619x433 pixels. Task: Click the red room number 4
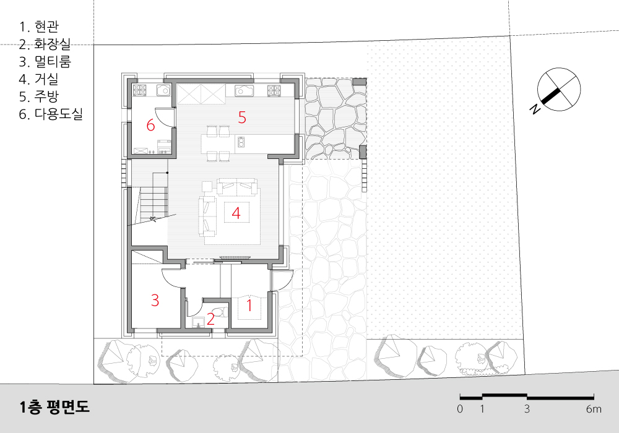click(236, 213)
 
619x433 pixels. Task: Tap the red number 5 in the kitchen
click(242, 118)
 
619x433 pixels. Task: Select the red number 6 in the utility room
click(150, 126)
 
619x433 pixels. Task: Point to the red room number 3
click(155, 301)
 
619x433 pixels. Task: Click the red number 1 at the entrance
click(249, 305)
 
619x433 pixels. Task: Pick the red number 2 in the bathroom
click(210, 319)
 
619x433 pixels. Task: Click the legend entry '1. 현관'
click(39, 27)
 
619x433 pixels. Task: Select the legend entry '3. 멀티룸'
click(45, 61)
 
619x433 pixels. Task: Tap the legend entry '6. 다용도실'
click(51, 114)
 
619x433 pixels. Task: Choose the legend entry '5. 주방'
click(39, 96)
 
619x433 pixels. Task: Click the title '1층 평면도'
click(54, 407)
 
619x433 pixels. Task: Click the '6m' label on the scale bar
click(594, 409)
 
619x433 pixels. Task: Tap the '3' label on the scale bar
click(527, 409)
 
